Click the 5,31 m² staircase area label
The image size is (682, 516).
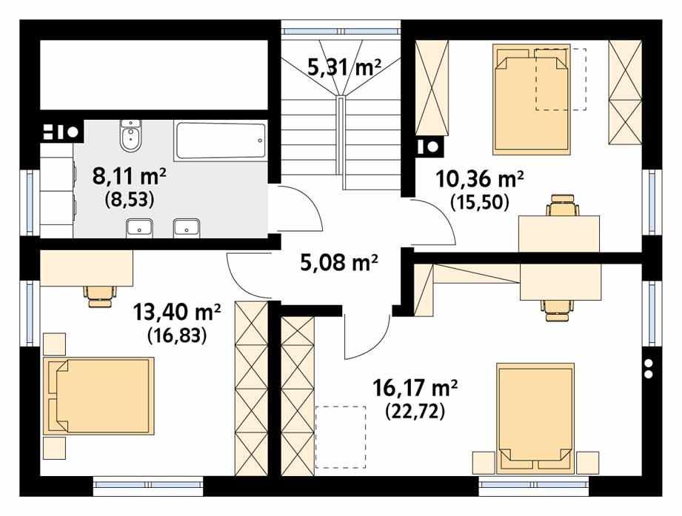(x=344, y=68)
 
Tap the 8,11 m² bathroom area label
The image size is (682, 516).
(x=129, y=176)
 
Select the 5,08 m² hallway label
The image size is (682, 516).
(x=340, y=261)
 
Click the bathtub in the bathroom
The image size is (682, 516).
(x=220, y=141)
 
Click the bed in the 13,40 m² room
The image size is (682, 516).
(x=99, y=395)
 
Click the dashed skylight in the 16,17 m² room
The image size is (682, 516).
(x=340, y=437)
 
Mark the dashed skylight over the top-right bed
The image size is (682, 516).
(x=561, y=80)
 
